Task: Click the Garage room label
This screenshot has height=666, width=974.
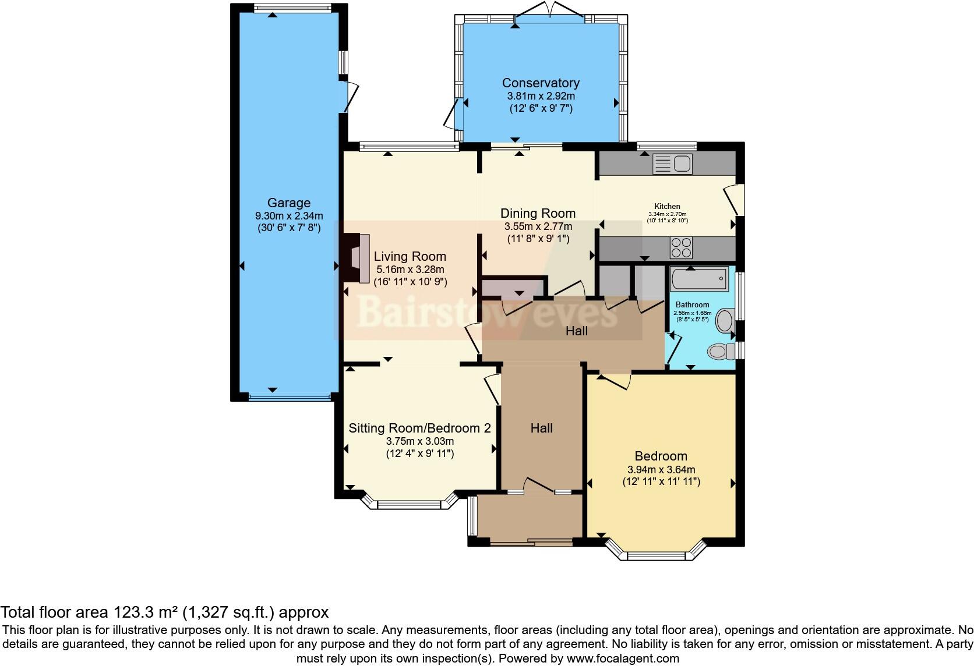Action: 288,203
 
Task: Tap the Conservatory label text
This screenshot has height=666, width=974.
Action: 541,83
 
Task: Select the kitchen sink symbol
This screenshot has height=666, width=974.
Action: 672,164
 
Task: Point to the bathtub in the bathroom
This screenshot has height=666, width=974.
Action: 699,279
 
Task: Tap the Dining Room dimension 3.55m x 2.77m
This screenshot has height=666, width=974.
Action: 538,226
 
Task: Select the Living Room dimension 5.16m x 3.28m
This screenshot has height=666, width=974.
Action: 410,270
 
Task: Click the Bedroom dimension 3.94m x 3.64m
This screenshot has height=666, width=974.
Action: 661,469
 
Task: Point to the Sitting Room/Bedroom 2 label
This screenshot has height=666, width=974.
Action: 419,428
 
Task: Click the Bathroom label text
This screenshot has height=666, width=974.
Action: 692,304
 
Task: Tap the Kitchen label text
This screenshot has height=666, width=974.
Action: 667,206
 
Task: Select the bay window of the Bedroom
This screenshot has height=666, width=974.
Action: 656,554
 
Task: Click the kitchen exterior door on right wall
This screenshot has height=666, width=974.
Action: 733,200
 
